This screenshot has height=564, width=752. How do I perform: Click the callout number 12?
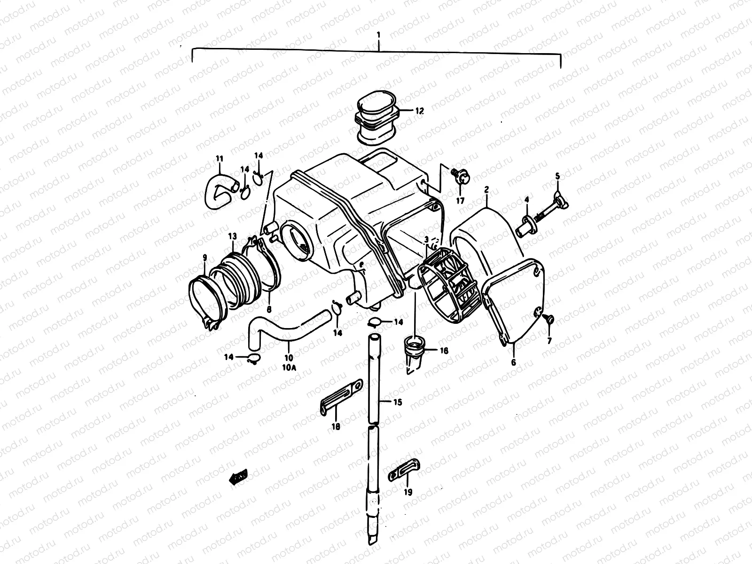(419, 111)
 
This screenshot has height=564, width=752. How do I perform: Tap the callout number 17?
(460, 201)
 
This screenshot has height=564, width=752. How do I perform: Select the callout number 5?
(557, 176)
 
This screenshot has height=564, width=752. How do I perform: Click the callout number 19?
(407, 492)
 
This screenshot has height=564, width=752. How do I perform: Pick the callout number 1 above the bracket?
(378, 35)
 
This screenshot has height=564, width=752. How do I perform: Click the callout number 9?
(204, 257)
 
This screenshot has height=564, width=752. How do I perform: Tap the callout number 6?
(513, 362)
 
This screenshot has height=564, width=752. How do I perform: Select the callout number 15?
(398, 402)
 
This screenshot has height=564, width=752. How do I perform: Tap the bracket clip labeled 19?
(404, 470)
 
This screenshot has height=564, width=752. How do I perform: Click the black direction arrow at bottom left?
(238, 478)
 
